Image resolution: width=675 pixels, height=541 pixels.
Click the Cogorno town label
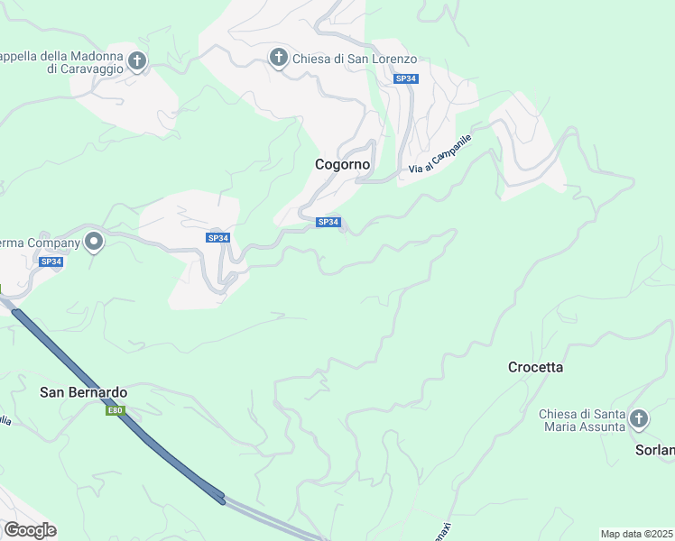343,165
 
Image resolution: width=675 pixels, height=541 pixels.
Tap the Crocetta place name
535,367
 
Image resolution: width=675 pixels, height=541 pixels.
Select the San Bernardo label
84,392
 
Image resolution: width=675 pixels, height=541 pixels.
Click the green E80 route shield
115,411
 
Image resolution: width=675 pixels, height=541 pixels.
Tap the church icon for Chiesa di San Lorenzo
279,59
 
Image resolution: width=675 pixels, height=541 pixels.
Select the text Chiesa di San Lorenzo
355,60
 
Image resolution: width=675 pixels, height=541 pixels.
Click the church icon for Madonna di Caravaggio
137,61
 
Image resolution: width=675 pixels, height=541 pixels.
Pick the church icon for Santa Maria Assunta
639,419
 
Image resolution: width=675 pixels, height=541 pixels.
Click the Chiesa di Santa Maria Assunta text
582,420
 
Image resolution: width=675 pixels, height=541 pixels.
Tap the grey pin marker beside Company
94,241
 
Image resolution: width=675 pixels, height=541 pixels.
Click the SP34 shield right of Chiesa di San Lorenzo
406,79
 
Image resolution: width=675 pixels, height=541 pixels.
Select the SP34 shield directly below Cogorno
328,222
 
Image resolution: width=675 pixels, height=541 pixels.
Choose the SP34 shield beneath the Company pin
51,261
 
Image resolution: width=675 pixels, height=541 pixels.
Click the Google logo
30,530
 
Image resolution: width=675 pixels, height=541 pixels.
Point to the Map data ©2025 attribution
636,534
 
